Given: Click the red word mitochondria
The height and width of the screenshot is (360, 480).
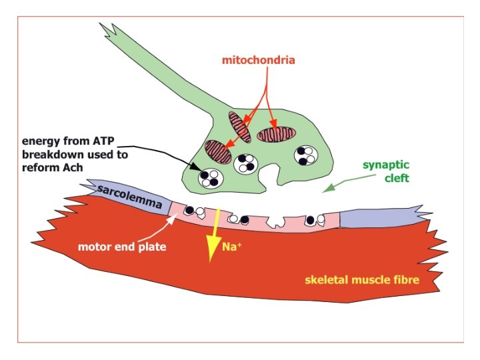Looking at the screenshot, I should (259, 60).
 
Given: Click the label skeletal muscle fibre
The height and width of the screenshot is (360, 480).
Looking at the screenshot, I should (362, 279).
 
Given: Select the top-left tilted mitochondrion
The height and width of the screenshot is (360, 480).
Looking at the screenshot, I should (239, 127).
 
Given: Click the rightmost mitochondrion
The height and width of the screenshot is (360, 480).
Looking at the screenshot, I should (275, 134).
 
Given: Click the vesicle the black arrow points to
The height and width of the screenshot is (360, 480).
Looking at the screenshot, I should (211, 177).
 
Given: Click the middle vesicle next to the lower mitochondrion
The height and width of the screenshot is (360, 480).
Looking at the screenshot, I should (245, 163).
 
